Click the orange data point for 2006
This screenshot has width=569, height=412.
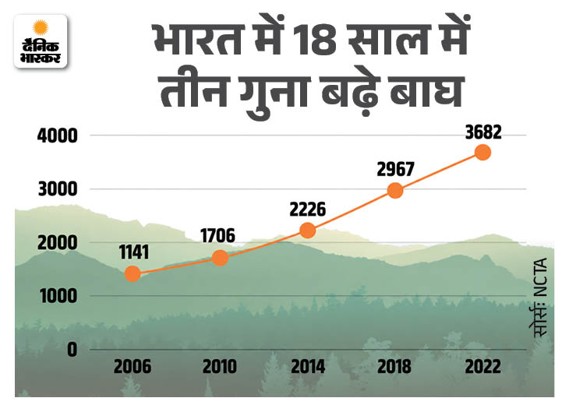pyautogui.click(x=133, y=274)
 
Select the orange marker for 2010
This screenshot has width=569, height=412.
pyautogui.click(x=220, y=258)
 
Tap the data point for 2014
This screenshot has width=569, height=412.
pyautogui.click(x=308, y=231)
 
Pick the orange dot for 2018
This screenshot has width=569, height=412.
pyautogui.click(x=395, y=190)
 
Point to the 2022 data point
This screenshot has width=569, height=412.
pyautogui.click(x=483, y=153)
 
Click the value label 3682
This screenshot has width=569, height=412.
pyautogui.click(x=483, y=132)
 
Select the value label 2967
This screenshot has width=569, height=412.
pyautogui.click(x=395, y=169)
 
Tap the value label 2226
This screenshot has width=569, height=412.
pyautogui.click(x=308, y=210)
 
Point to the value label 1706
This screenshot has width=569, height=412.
pyautogui.click(x=218, y=236)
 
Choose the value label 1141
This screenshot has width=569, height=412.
pyautogui.click(x=134, y=252)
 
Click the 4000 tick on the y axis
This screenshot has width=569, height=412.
pyautogui.click(x=58, y=136)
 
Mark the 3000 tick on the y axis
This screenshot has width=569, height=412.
pyautogui.click(x=58, y=189)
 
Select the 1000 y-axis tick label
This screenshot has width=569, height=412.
pyautogui.click(x=58, y=296)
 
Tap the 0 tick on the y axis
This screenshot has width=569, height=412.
pyautogui.click(x=72, y=350)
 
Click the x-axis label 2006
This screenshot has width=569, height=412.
pyautogui.click(x=133, y=367)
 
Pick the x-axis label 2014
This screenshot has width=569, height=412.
pyautogui.click(x=308, y=367)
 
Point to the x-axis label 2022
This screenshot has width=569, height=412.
pyautogui.click(x=483, y=367)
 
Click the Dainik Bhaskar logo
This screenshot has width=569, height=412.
pyautogui.click(x=41, y=41)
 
